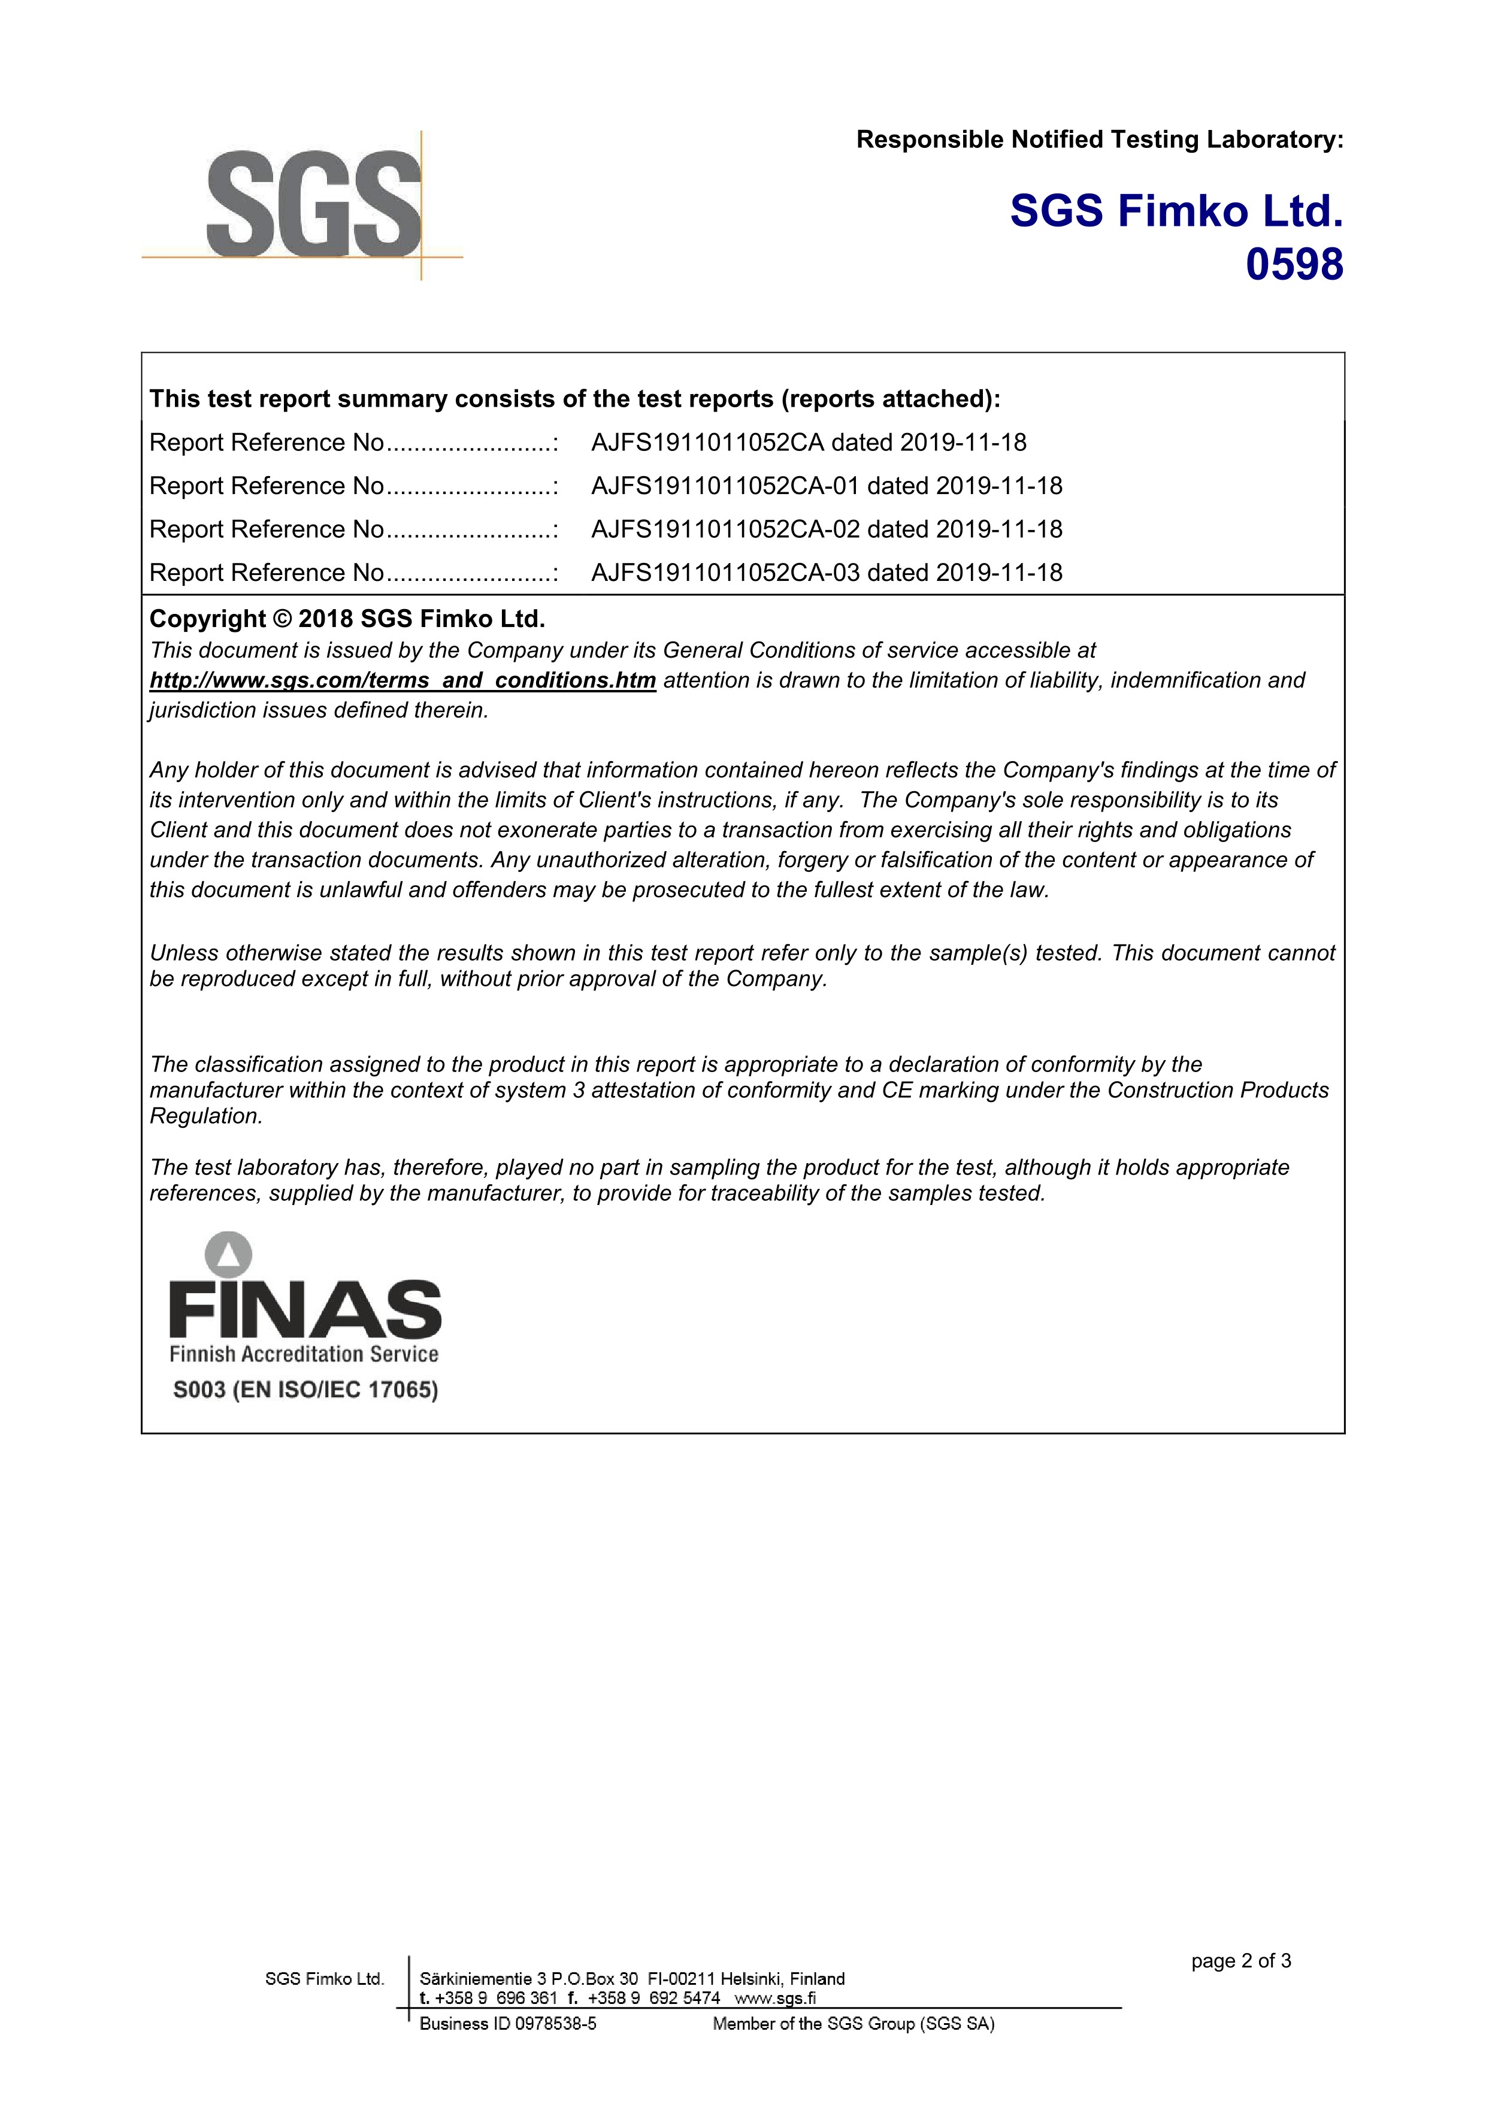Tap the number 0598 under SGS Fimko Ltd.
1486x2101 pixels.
(x=1294, y=265)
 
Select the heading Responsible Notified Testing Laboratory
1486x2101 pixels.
(x=1099, y=140)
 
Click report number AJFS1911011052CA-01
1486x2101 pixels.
(x=725, y=486)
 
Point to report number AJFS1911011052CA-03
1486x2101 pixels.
(x=725, y=573)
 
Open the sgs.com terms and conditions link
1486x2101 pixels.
(x=402, y=681)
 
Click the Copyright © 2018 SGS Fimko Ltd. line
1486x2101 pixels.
(x=347, y=619)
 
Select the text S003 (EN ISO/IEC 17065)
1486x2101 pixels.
(x=305, y=1390)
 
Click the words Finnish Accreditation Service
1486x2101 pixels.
(x=304, y=1354)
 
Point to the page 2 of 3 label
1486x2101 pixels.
(x=1241, y=1961)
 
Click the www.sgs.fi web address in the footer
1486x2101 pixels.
(x=775, y=1999)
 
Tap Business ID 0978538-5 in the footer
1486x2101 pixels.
(x=508, y=2024)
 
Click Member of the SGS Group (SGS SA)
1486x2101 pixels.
(x=853, y=2024)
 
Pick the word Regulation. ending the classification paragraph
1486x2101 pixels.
(x=206, y=1116)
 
